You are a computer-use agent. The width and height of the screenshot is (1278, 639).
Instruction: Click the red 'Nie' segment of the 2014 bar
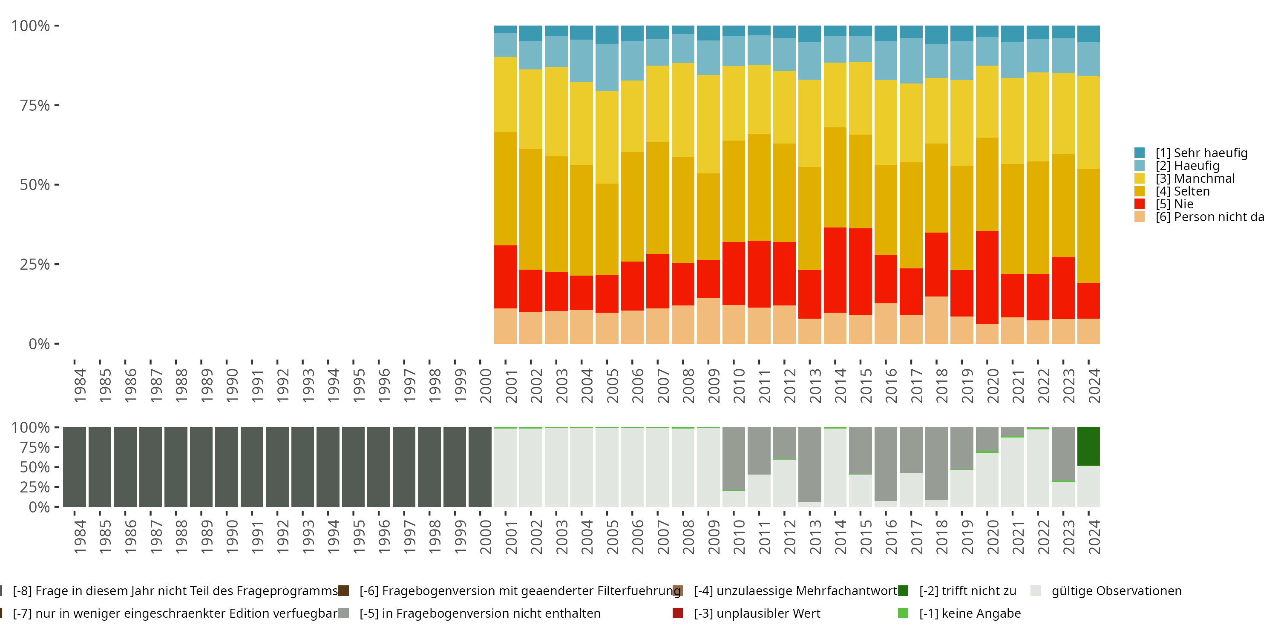835,270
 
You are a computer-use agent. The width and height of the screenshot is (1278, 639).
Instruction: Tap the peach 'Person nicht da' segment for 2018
936,320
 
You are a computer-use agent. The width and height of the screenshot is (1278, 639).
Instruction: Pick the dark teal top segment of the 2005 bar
607,35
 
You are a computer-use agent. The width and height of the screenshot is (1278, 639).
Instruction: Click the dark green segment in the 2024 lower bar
1088,446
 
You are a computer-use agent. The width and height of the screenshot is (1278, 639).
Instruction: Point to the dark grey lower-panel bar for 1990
227,467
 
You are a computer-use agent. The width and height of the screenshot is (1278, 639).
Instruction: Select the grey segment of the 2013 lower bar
810,464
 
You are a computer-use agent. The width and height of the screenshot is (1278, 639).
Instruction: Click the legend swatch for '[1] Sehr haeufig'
1140,153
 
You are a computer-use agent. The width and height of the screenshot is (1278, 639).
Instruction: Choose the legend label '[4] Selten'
1183,192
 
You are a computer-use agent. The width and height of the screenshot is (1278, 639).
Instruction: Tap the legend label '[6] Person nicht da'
1209,217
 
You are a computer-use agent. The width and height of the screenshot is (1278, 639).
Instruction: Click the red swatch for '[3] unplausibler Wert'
678,613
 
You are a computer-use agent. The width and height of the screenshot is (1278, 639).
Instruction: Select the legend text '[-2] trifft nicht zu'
967,591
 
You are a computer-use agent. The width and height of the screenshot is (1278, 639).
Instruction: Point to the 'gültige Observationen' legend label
1116,591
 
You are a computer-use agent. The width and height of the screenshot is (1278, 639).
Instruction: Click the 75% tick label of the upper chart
35,106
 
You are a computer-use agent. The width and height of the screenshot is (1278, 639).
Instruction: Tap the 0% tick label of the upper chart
39,344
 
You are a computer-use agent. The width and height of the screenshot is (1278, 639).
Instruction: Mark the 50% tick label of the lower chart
35,467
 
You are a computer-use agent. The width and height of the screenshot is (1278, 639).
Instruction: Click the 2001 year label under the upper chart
511,386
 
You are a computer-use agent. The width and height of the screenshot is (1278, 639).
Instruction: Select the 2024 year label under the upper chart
1094,386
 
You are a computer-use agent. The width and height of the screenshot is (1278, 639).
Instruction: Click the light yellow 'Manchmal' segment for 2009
708,124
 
